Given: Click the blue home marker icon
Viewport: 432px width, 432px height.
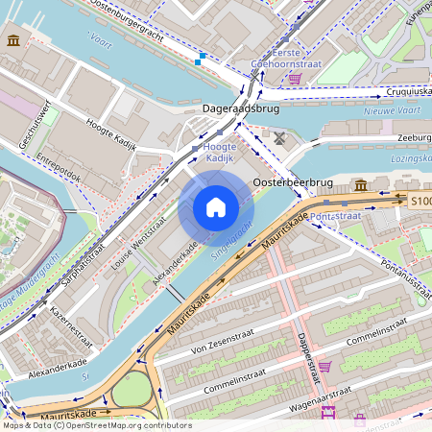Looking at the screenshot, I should click(x=216, y=207).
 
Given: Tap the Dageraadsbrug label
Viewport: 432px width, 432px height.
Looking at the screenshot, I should click(x=239, y=110).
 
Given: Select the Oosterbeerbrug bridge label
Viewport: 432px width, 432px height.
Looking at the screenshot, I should click(x=293, y=181).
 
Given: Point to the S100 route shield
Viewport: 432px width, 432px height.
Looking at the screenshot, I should click(x=420, y=202).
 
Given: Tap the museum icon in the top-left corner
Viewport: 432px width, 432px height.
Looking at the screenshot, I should click(x=13, y=40).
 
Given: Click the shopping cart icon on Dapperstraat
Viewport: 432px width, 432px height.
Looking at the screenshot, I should click(x=324, y=366).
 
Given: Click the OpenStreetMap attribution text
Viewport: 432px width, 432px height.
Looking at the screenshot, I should click(x=96, y=425).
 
